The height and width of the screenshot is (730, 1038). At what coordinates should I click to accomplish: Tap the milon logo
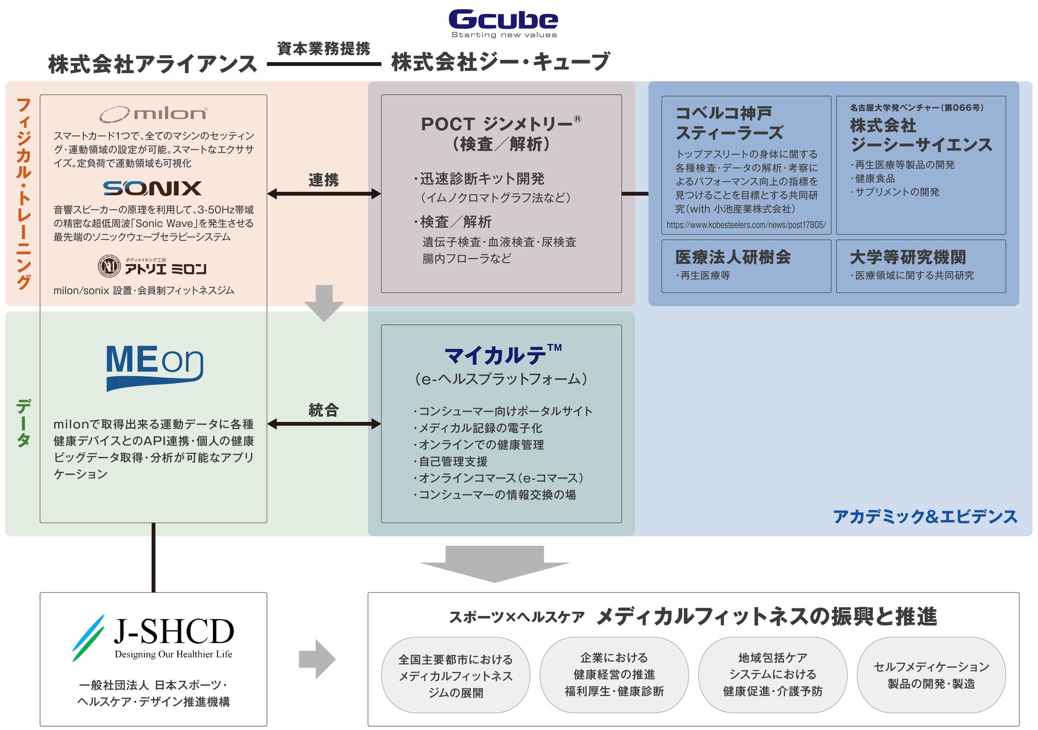coord(153,114)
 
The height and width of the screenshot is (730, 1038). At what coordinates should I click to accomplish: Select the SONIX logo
coord(152,188)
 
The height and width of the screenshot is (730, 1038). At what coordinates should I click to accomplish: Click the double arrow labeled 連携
coord(324,194)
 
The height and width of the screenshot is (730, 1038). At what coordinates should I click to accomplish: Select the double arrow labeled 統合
coord(324,424)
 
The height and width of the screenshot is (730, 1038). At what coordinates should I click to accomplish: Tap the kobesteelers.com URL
coord(746,225)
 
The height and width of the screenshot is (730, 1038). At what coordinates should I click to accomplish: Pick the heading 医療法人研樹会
coord(733,257)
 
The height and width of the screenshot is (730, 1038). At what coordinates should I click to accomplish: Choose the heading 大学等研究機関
coord(908,257)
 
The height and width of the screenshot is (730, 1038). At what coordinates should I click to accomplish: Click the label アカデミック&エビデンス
coord(925,517)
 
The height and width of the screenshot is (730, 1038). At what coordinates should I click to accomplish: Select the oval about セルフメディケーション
coord(931,675)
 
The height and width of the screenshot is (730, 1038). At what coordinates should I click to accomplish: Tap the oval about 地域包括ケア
coord(773,675)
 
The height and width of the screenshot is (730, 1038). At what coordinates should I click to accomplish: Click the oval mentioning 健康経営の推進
coord(614,675)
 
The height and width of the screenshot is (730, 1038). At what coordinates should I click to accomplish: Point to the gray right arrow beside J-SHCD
coord(317,659)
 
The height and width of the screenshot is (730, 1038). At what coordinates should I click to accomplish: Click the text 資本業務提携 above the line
coord(323,49)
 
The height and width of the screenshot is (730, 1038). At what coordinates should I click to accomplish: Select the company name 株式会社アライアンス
coord(152,64)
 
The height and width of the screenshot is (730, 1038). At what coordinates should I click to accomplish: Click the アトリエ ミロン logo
coord(153,267)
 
